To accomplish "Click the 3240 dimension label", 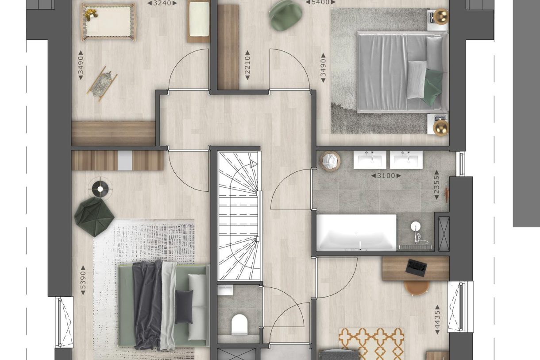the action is pos(162,3).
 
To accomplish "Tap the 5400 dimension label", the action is pos(320,2).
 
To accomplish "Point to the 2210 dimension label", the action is pos(247,65).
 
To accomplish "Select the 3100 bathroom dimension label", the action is pos(386,176).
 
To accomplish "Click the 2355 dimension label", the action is pos(436,185).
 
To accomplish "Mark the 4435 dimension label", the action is pos(437,319).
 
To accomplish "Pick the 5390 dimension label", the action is pos(83,280).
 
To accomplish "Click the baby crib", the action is pos(108,22).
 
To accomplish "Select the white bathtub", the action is pos(356,232).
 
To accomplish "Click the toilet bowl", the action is pos(239,324).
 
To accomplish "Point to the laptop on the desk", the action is pos(416,267).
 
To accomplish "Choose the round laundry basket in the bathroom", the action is pos(330,161).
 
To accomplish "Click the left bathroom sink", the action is pos(370,159).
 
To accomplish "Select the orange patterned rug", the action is pos(371,344).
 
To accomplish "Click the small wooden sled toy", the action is pos(102,84).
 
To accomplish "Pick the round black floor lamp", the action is pos(100,189).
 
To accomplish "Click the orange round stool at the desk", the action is pos(417,287).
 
